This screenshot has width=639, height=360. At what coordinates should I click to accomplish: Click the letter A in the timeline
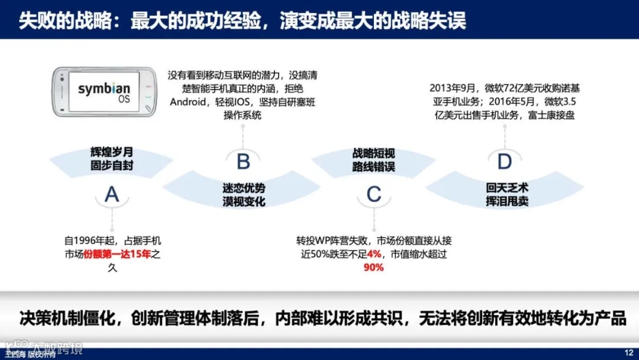pos(112,194)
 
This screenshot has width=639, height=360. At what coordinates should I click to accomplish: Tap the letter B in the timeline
pos(243,161)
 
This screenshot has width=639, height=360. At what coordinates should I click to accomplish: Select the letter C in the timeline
pos(373,194)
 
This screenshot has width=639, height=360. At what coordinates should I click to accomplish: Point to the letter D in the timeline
pos(504,160)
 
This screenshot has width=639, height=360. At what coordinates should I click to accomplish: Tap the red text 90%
pos(373,267)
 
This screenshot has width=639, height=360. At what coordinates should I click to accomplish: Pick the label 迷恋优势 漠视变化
pos(243,195)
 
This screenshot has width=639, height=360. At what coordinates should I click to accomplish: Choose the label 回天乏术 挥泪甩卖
pos(504,195)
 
